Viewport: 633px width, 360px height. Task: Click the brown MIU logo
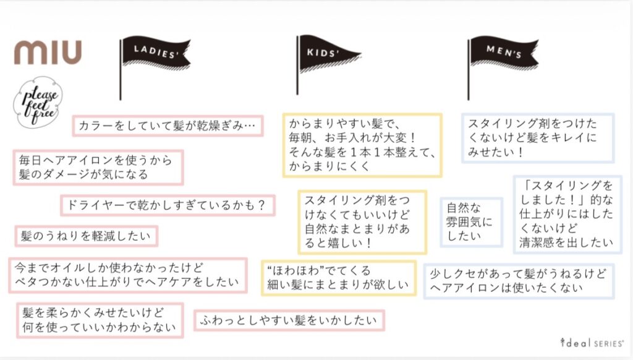click(x=48, y=52)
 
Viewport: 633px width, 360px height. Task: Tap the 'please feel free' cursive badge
click(x=38, y=103)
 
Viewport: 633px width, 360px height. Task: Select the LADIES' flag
click(x=155, y=67)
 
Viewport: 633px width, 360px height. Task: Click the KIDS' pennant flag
click(x=329, y=65)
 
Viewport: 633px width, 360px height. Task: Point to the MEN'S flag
click(x=503, y=67)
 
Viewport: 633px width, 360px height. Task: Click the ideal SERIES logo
click(x=592, y=343)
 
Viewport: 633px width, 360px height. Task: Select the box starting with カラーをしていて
click(x=168, y=126)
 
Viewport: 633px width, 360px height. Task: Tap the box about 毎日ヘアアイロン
click(x=98, y=168)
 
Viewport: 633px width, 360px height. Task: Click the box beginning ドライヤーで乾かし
click(x=168, y=205)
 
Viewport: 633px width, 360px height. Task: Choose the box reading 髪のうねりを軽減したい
click(x=87, y=236)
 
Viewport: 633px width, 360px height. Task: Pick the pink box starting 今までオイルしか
click(x=128, y=275)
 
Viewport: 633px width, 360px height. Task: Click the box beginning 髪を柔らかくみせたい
click(x=100, y=320)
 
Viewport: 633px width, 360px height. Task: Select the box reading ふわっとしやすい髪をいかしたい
click(x=289, y=320)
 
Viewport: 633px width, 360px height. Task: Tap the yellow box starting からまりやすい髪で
click(x=362, y=145)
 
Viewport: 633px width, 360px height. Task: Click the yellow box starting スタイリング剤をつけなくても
click(x=362, y=222)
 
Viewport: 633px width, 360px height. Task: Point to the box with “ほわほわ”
click(x=339, y=278)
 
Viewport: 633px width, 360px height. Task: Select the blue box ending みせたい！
click(x=538, y=138)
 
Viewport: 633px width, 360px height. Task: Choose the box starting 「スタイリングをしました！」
click(x=567, y=215)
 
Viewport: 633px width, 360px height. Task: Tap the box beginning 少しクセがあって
click(x=519, y=281)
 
